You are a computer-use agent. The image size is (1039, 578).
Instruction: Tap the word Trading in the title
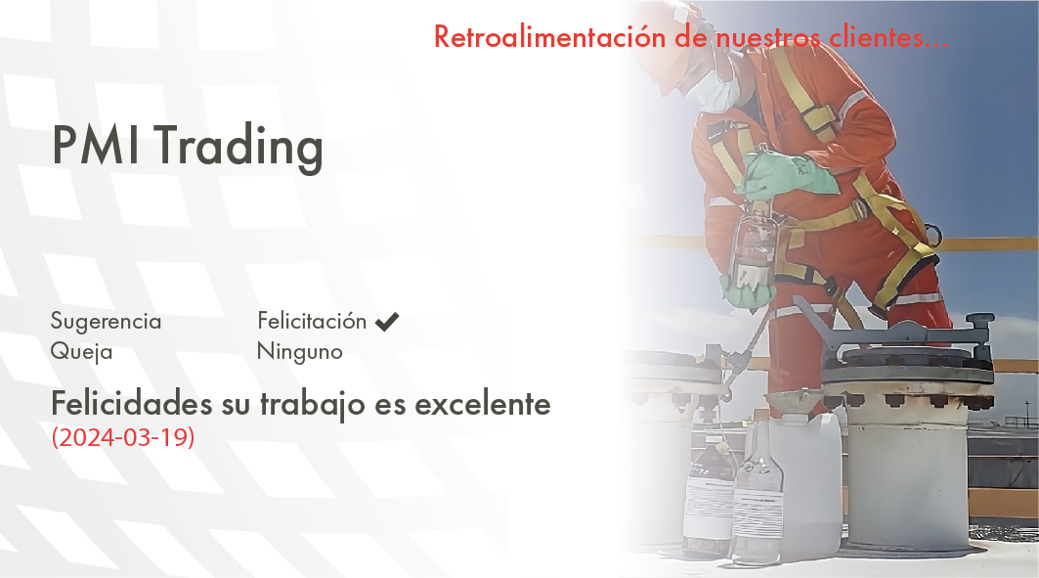(x=239, y=147)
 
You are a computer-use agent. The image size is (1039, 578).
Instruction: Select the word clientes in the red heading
(x=876, y=36)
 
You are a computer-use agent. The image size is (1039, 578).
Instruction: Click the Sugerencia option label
(x=106, y=322)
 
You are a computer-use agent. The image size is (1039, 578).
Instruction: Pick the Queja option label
(x=81, y=351)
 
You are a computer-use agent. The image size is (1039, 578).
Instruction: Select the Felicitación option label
(x=312, y=321)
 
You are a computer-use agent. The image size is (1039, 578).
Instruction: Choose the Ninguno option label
(x=299, y=351)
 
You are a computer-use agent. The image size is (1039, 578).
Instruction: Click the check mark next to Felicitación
(x=387, y=322)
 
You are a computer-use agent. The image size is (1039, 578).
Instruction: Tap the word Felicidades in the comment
(x=132, y=403)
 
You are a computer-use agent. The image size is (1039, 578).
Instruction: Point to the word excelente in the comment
(x=483, y=404)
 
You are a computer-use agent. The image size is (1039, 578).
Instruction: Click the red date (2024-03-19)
(x=123, y=437)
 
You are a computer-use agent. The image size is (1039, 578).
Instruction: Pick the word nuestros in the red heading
(x=768, y=37)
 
